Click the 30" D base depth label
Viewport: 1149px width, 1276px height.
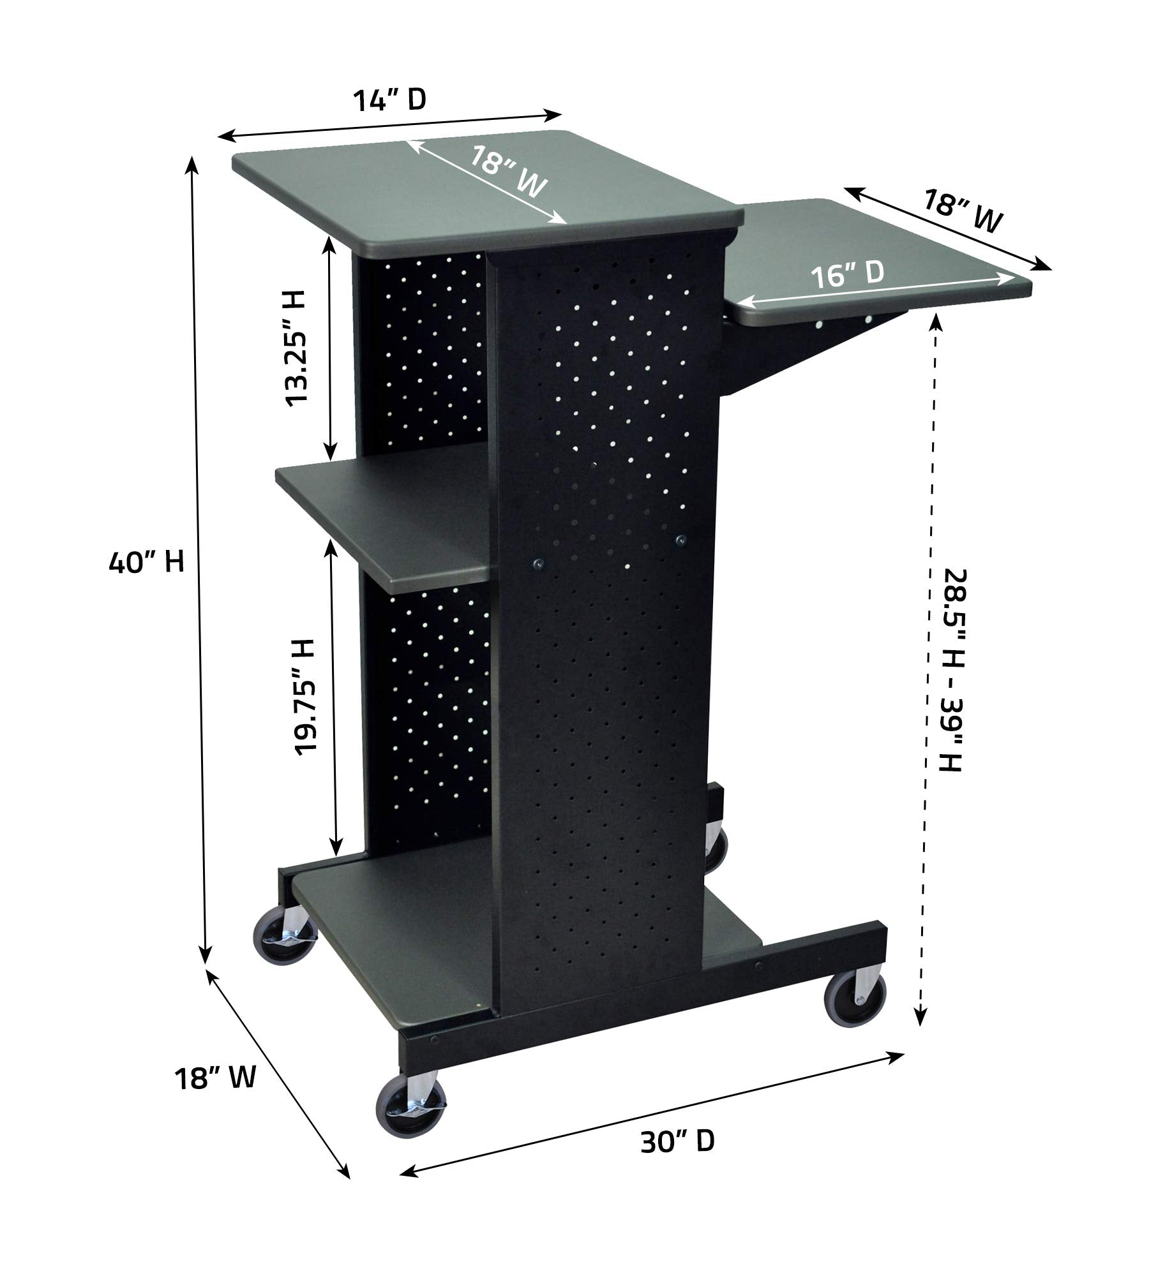[x=677, y=1141]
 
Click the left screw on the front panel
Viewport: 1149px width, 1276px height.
[x=538, y=563]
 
